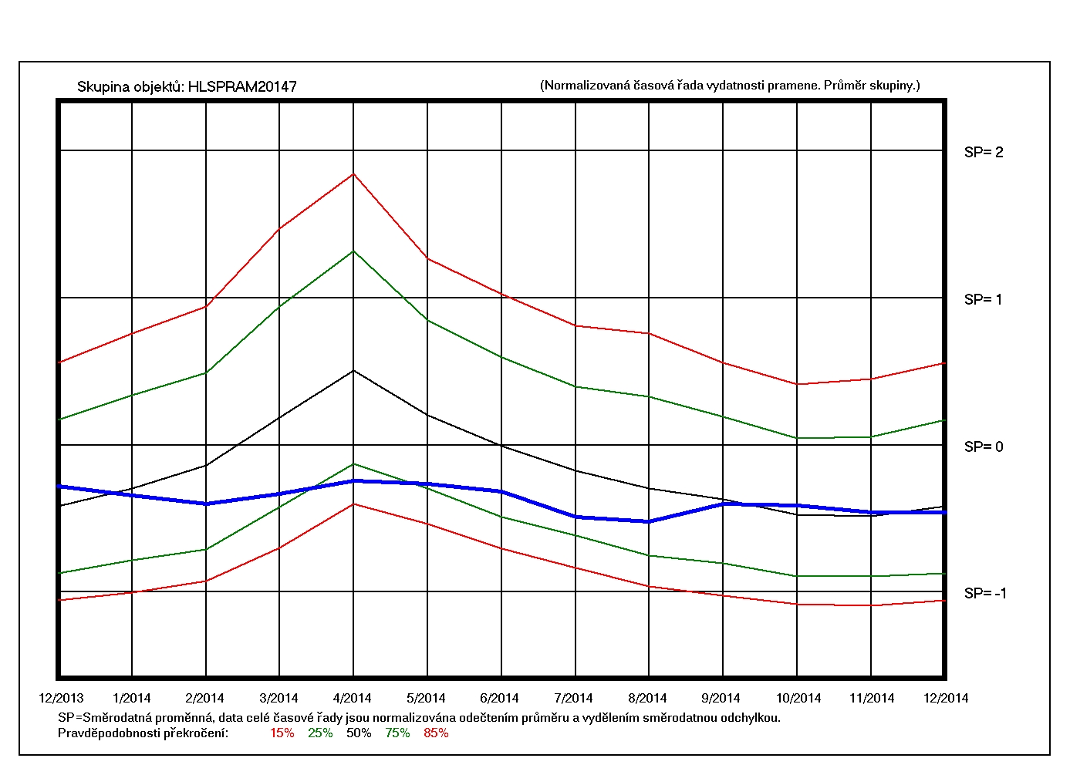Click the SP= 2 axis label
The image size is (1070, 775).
[984, 153]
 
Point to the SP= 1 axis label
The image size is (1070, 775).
[984, 300]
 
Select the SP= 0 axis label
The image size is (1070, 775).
[984, 447]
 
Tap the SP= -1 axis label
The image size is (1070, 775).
[985, 594]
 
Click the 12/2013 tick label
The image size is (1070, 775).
[61, 699]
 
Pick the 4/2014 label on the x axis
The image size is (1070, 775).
[353, 699]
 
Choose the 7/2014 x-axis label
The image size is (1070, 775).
[573, 699]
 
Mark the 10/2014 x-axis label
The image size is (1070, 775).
[798, 699]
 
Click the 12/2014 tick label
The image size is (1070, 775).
[946, 699]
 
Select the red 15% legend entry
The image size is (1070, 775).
[282, 733]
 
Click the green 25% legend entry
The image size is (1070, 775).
[320, 733]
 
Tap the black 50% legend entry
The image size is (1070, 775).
[359, 733]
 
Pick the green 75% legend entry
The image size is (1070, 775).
[397, 733]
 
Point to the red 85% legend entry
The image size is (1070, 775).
[436, 733]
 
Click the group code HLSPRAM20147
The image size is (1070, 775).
[242, 87]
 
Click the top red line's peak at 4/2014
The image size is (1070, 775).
[353, 174]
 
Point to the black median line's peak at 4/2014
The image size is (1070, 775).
[353, 371]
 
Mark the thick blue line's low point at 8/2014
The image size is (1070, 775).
[649, 522]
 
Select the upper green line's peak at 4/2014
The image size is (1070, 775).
[353, 251]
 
